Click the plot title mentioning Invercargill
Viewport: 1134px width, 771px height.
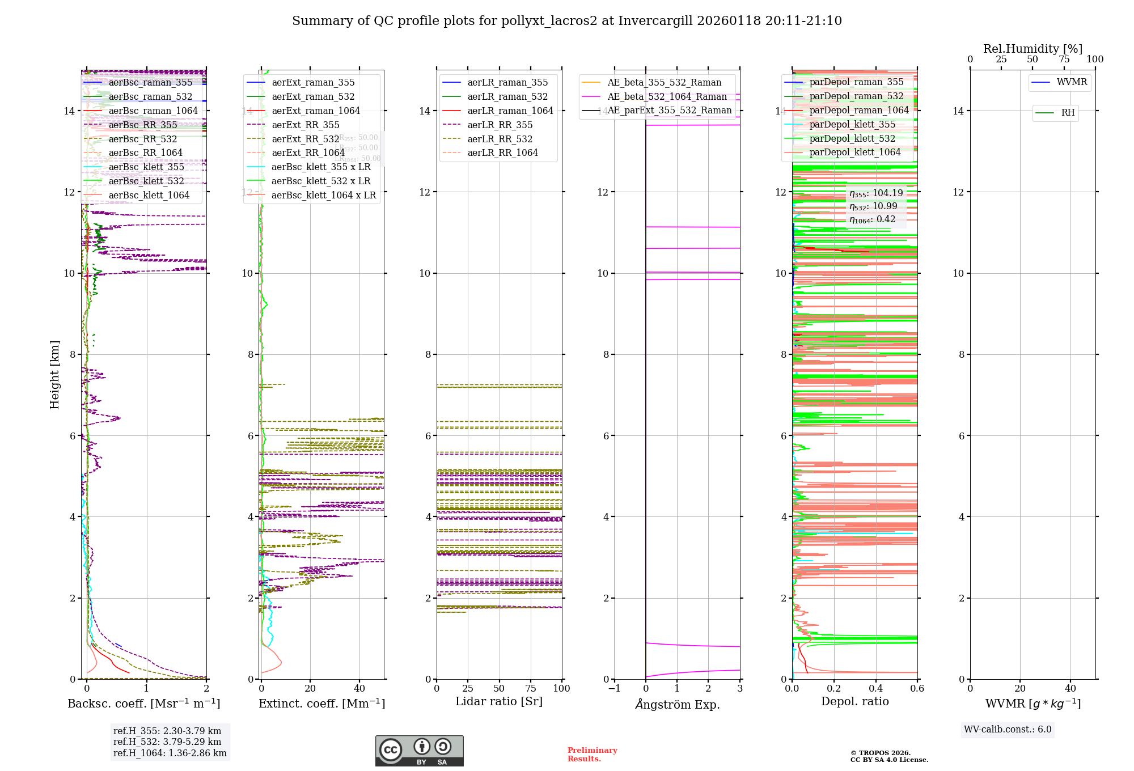coord(567,21)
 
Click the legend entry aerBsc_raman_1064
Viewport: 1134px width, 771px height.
coord(153,111)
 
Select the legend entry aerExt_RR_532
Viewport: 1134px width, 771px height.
coord(306,139)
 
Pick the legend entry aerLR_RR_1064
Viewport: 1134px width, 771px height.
coord(502,153)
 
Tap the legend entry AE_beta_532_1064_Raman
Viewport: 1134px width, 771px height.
coord(667,97)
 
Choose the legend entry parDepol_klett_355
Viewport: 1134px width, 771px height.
coord(852,125)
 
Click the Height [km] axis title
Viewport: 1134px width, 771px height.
coord(54,374)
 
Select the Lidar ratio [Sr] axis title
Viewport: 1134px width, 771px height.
coord(499,702)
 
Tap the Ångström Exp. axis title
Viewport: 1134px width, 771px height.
coord(678,705)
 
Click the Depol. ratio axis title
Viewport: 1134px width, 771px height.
coord(854,702)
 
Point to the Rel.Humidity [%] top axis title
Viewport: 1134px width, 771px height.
coord(1033,49)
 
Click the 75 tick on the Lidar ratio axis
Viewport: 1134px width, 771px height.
coord(531,689)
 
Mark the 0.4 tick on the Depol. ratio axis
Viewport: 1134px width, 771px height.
coord(875,689)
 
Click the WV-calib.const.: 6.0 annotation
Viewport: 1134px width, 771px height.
coord(1008,730)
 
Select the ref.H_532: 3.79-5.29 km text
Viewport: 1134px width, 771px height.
coord(167,742)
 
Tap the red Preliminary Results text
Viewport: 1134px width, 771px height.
coord(592,755)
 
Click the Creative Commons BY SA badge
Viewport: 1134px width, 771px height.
coord(419,751)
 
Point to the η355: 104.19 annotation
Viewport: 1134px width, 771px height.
coord(875,193)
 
